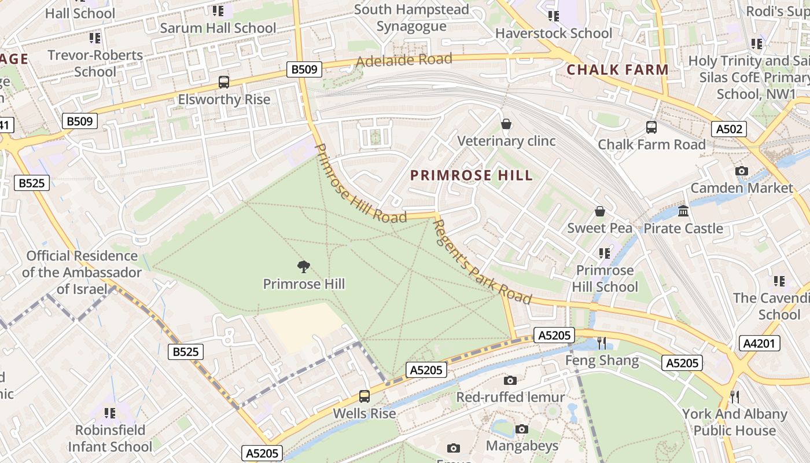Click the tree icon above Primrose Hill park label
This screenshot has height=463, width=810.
pos(303,266)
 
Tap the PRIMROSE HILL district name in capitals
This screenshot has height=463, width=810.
pos(471,175)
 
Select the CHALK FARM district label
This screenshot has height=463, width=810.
pos(617,69)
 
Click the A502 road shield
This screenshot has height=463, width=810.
pos(730,129)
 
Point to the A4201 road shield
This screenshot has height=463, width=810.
pos(759,343)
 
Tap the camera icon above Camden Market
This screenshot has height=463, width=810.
pos(741,171)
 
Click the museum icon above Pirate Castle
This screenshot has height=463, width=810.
pos(683,211)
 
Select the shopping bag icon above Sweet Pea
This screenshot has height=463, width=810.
pos(600,211)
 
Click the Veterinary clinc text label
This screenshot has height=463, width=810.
pos(506,141)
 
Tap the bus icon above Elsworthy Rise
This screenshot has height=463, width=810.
pos(224,82)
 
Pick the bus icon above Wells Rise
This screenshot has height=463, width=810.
pos(364,396)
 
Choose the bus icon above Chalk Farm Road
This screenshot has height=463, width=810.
pos(651,127)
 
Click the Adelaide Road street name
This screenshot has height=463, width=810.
pos(404,60)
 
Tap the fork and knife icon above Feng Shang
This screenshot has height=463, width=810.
pos(602,343)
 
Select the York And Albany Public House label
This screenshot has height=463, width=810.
pos(734,422)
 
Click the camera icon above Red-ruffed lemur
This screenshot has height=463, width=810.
pos(510,380)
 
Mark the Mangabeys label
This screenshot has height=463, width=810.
pos(522,446)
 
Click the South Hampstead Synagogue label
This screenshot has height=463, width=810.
pos(411,18)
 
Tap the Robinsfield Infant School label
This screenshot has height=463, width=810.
pos(110,438)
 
